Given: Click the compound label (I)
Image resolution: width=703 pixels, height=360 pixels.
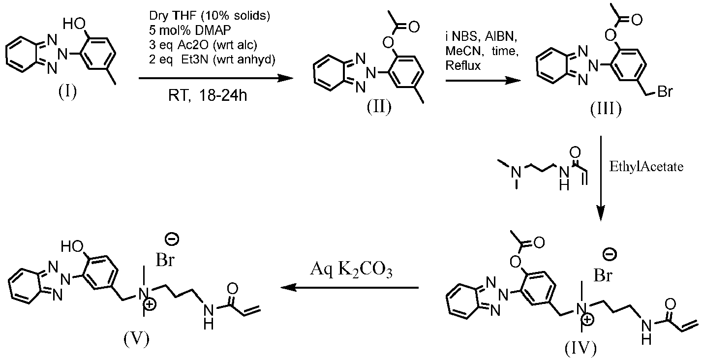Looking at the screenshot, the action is coord(67,92).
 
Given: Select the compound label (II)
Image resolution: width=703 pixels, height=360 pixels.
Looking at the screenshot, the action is coord(379,107).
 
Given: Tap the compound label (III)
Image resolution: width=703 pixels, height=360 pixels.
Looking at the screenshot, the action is coord(606,110).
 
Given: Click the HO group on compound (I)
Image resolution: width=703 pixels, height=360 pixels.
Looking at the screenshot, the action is coord(74,24).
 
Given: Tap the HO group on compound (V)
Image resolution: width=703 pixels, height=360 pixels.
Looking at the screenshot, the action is coord(72,247).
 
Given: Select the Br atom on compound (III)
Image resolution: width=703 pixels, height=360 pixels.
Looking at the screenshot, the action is coord(665,92).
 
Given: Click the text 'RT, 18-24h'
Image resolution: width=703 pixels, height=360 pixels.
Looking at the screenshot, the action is coord(208,95).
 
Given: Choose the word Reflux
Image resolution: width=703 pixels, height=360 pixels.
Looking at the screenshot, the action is coord(463,65).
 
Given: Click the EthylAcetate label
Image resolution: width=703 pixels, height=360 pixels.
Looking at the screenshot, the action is coord(646,167).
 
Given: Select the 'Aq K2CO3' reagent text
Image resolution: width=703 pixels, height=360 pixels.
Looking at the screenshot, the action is coord(351,270).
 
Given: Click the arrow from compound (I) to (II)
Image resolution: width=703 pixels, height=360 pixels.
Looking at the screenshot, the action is coord(216,78).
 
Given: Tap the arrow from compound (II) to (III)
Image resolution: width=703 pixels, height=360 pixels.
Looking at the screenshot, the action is coord(483,81).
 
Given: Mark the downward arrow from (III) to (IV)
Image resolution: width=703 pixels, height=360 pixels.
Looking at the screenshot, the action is coord(601,178).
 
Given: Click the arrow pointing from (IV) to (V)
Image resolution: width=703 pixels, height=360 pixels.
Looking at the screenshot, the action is coord(350,288).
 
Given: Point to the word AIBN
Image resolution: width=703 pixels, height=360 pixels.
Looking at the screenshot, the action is coord(501,37).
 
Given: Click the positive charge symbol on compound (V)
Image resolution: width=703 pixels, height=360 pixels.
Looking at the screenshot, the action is coord(151,304).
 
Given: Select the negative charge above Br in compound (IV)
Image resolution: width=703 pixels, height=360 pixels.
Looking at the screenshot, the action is coord(610,255).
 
